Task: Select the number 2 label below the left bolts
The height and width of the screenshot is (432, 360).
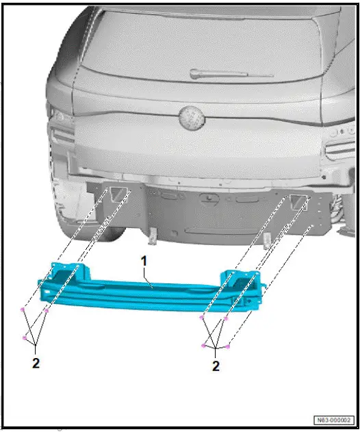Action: coord(36,364)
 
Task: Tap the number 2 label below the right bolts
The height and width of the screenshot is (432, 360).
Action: coord(216,367)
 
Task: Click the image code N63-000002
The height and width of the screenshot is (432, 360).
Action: coord(334,419)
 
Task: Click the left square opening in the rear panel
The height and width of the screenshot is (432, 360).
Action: coord(120,194)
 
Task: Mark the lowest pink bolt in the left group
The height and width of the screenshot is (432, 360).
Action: coord(25,338)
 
